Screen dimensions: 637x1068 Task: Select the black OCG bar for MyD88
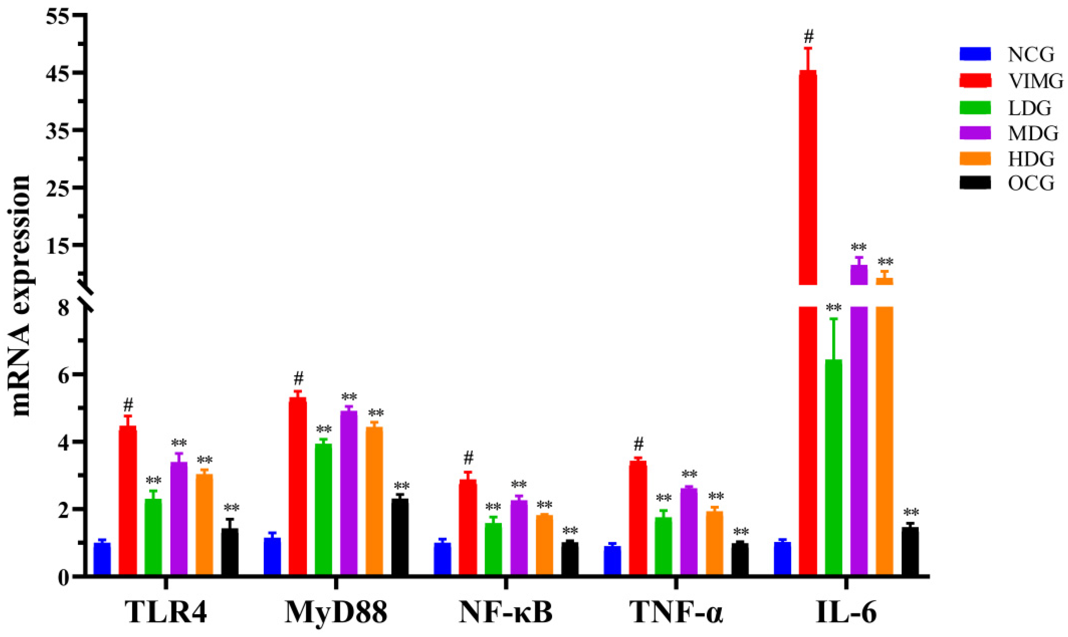tap(400, 536)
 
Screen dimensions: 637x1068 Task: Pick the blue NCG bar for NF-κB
tap(442, 559)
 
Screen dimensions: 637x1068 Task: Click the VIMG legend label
tap(1035, 81)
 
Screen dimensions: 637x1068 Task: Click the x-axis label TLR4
tap(166, 612)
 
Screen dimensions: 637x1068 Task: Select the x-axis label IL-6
tap(846, 612)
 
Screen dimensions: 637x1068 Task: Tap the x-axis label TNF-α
tap(676, 612)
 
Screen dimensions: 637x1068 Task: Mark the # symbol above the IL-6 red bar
tap(808, 37)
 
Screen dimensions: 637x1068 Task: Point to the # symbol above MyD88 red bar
tap(298, 379)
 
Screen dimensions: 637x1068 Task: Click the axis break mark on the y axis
tap(87, 296)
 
